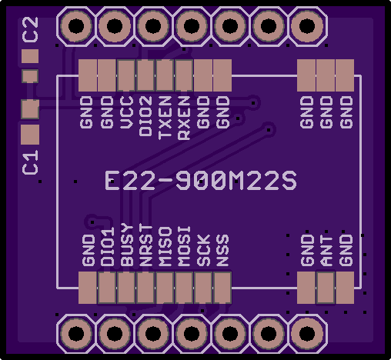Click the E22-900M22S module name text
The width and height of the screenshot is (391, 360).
tap(201, 181)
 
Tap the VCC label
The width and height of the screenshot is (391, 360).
tap(127, 112)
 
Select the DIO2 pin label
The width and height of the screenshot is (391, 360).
tap(145, 116)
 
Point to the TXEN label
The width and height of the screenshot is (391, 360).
tap(165, 118)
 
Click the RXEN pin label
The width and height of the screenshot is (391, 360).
tap(184, 118)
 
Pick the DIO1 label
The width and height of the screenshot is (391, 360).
tap(108, 247)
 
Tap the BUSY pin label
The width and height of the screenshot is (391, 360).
tap(127, 245)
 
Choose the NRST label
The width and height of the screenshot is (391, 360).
tap(146, 245)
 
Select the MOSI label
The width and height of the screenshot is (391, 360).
tap(184, 246)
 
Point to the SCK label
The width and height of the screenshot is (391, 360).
tap(203, 250)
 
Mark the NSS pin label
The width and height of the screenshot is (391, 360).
tap(222, 250)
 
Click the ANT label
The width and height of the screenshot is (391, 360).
tap(326, 251)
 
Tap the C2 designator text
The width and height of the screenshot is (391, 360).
tap(31, 29)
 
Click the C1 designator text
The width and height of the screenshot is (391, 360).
tap(30, 162)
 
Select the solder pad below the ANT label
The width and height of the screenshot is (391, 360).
tap(326, 288)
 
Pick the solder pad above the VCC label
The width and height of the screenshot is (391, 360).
tap(126, 75)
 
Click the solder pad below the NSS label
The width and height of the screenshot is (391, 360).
tap(222, 288)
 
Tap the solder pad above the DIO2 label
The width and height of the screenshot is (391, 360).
tap(145, 75)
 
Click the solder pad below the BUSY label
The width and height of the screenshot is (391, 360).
tap(126, 288)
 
